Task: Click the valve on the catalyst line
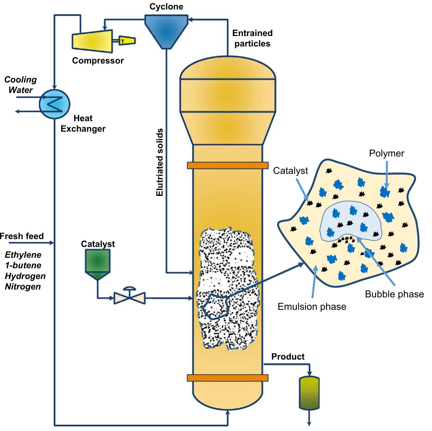(x=130, y=297)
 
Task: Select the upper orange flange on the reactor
(x=228, y=165)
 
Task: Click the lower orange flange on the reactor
(x=228, y=378)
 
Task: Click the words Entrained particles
(x=252, y=38)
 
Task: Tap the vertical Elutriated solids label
(x=160, y=162)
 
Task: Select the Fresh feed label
(x=22, y=236)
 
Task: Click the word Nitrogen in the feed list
(x=23, y=287)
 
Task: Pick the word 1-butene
(x=23, y=265)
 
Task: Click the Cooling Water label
(x=20, y=85)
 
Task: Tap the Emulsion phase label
(x=312, y=307)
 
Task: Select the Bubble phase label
(x=394, y=294)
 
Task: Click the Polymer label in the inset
(x=387, y=153)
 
